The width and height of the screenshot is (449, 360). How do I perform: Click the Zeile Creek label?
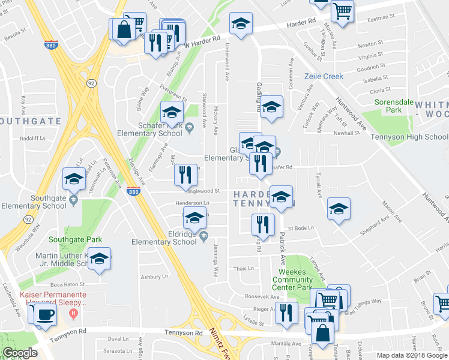tap(324, 76)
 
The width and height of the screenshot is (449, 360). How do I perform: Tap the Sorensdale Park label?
tap(394, 106)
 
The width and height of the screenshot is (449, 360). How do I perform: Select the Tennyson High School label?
tap(412, 137)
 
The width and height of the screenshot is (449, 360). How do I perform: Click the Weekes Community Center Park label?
tap(292, 280)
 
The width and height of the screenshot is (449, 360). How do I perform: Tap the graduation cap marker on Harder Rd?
tap(241, 23)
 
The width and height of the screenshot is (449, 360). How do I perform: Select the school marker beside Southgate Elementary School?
tap(74, 179)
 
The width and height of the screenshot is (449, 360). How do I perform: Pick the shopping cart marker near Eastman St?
tap(342, 10)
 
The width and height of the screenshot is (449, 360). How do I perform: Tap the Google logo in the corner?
tap(20, 353)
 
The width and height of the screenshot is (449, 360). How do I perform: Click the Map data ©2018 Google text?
tap(412, 355)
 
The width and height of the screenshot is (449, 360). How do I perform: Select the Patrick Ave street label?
tap(282, 250)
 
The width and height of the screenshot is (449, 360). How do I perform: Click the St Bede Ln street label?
tap(299, 229)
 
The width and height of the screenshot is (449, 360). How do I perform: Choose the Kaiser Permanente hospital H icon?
tap(74, 313)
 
